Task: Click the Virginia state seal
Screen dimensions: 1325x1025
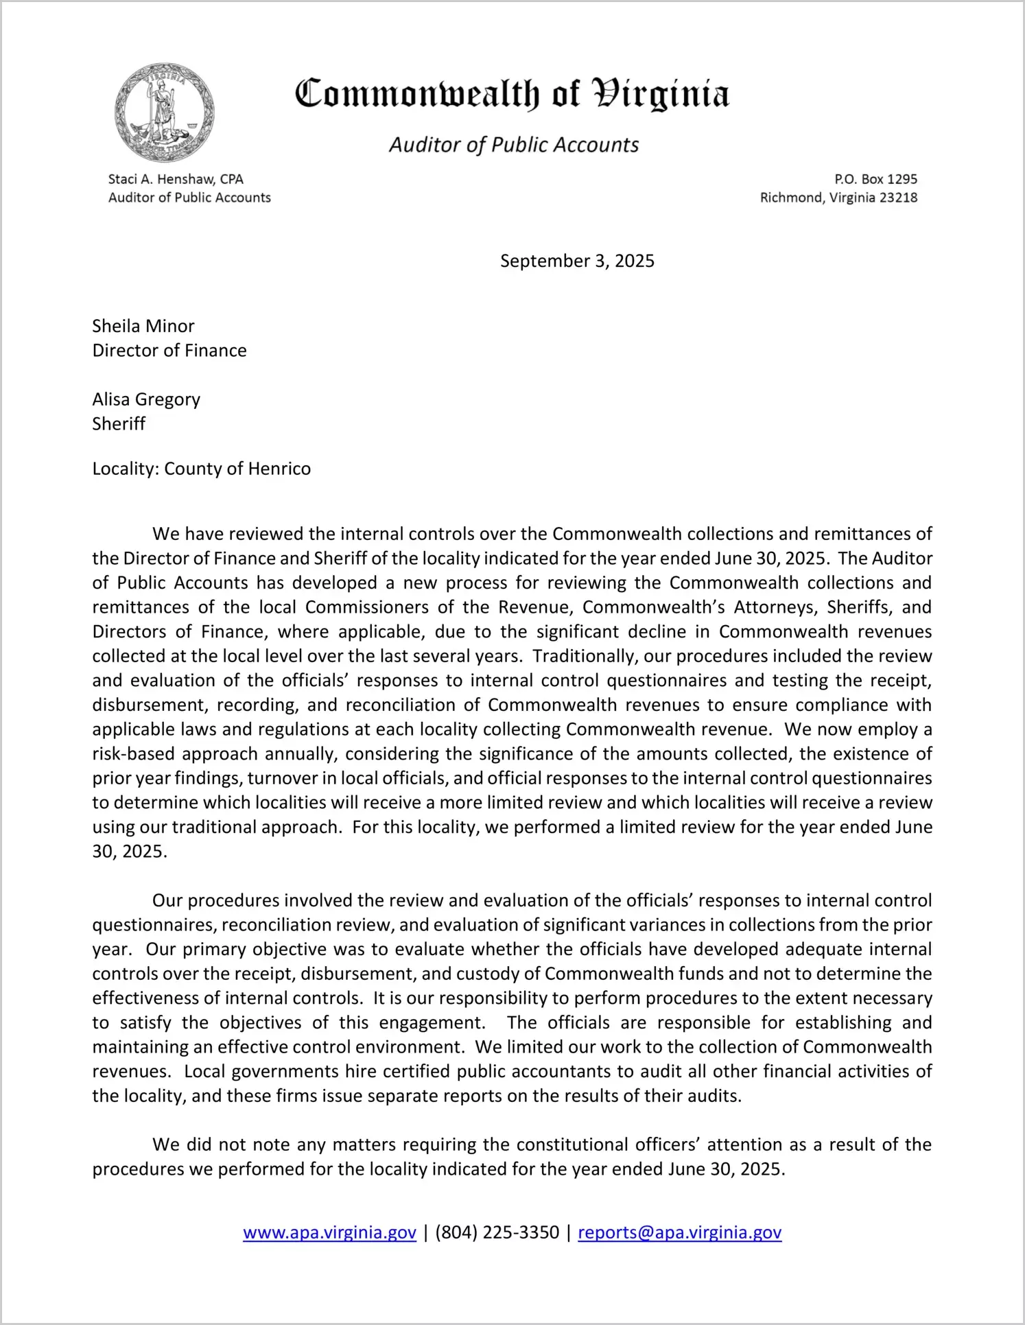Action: (x=165, y=113)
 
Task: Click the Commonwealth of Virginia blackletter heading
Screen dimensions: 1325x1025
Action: (x=512, y=94)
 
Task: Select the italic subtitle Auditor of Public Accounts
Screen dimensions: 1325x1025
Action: (x=514, y=145)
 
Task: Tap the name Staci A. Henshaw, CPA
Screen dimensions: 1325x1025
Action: (x=176, y=179)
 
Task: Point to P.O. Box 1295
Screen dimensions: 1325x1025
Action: (x=875, y=179)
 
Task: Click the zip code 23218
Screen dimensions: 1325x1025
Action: (x=897, y=198)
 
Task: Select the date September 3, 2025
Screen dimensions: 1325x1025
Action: (x=577, y=261)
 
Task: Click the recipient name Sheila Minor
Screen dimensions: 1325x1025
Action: (x=143, y=326)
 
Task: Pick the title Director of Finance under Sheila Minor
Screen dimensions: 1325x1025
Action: (x=169, y=351)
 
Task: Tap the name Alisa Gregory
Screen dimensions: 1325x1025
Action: (x=146, y=399)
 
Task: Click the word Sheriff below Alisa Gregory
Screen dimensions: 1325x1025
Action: (x=119, y=424)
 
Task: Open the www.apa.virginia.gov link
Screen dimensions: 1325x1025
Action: (x=329, y=1232)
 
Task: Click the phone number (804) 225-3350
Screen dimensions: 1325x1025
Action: (x=497, y=1232)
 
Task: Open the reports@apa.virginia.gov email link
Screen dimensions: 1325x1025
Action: (x=679, y=1232)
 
